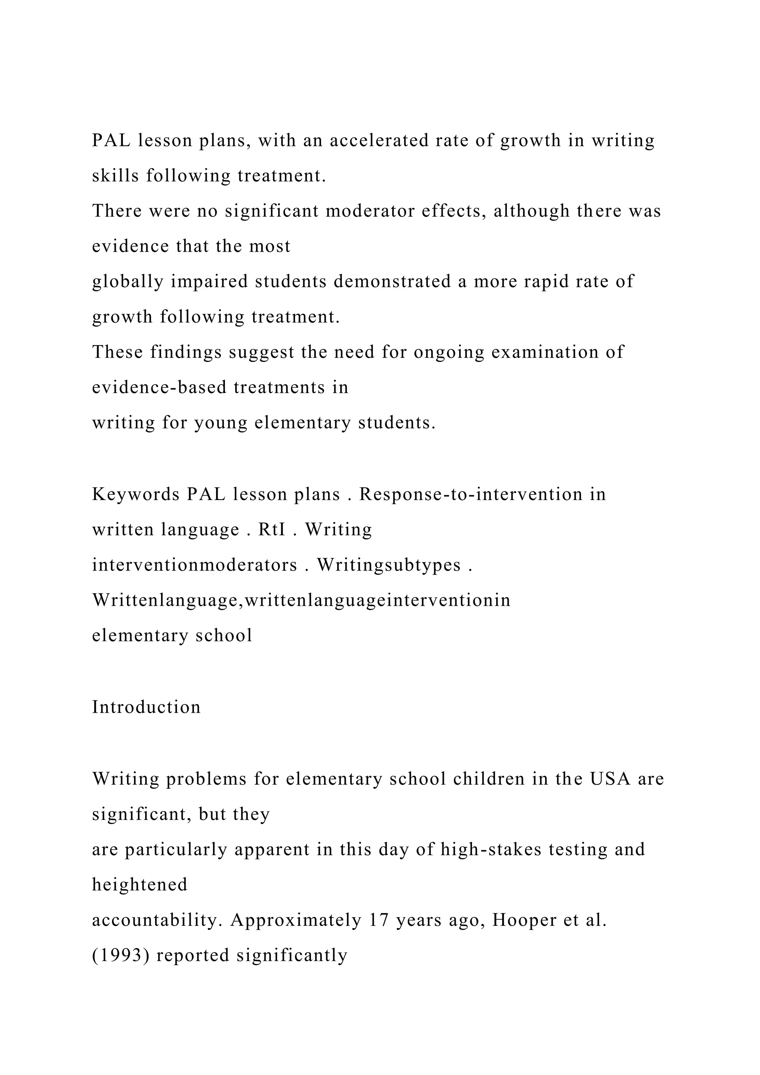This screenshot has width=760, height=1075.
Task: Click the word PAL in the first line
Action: pyautogui.click(x=111, y=140)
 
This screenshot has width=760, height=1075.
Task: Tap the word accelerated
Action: pyautogui.click(x=379, y=140)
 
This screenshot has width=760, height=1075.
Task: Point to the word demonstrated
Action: pyautogui.click(x=392, y=281)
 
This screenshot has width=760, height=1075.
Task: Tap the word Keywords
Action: pyautogui.click(x=136, y=494)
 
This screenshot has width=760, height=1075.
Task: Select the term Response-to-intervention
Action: pyautogui.click(x=470, y=494)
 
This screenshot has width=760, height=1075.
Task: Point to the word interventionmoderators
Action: pyautogui.click(x=194, y=565)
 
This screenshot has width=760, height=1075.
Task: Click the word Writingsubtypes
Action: pyautogui.click(x=389, y=565)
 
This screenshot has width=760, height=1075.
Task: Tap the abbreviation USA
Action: pyautogui.click(x=610, y=779)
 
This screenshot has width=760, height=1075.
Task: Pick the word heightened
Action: pyautogui.click(x=140, y=885)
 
